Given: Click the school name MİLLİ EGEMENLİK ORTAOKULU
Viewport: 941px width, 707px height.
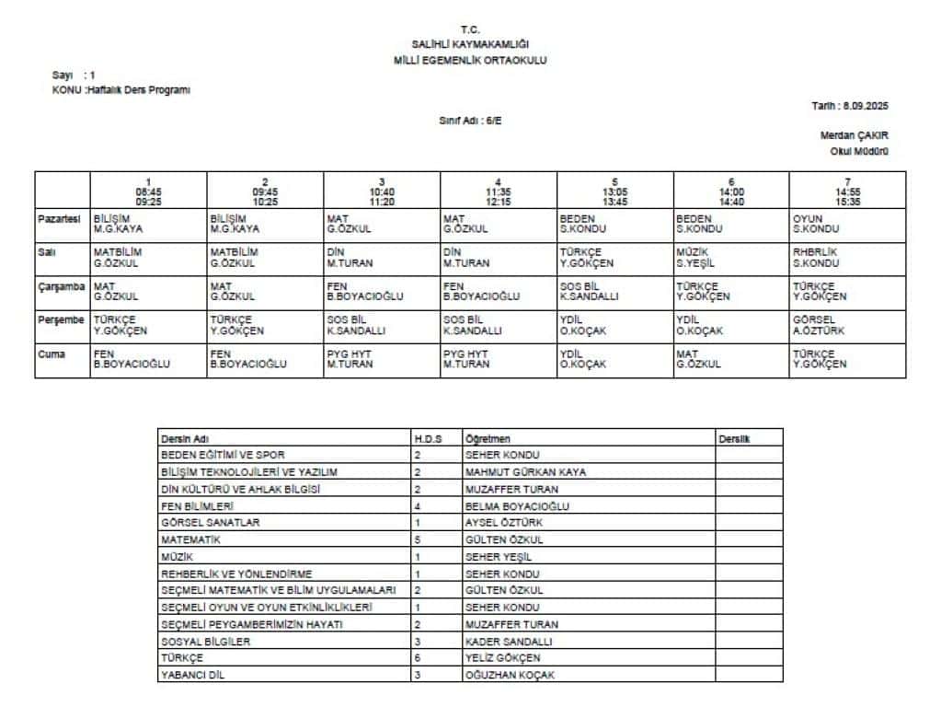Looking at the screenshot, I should (469, 59).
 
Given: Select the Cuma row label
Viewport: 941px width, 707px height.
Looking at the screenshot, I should (52, 353).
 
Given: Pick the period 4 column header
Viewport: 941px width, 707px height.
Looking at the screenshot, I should (498, 191).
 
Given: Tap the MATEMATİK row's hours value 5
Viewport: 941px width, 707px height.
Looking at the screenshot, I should (418, 539).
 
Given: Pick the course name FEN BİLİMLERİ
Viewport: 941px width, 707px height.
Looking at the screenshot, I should (197, 505).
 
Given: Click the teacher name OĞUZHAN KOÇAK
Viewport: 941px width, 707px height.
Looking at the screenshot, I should (510, 675).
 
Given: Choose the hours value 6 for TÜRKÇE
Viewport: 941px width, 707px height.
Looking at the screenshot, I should (418, 658).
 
